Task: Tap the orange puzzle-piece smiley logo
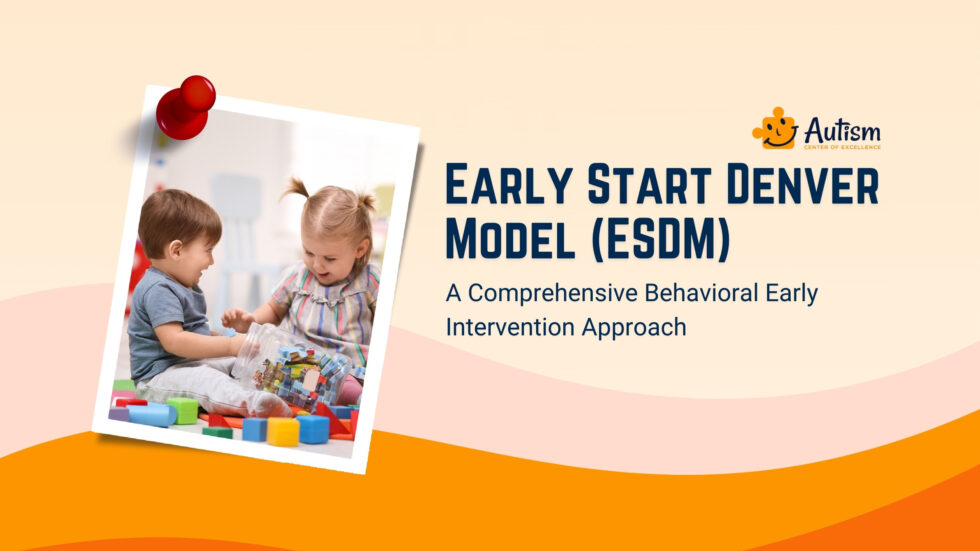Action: [x=774, y=128]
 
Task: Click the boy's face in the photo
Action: [x=190, y=245]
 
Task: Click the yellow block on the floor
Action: [x=283, y=431]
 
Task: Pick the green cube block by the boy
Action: [x=183, y=409]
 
